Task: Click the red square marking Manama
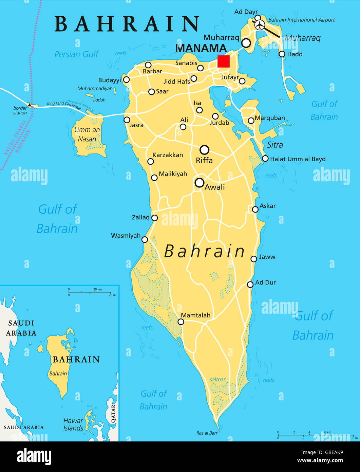223,61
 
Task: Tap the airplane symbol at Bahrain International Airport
260,25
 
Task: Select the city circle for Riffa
204,150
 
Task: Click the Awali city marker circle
200,183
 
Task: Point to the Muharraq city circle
246,43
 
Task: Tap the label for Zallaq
140,217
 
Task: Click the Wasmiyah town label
126,236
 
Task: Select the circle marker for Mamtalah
181,322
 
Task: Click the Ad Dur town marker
250,285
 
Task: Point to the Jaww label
267,257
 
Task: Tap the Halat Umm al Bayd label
298,159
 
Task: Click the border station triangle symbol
30,105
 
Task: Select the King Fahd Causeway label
64,106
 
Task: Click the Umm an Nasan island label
87,134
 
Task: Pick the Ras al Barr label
207,433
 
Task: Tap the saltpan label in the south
218,380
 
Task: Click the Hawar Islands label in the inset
73,424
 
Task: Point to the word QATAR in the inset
113,413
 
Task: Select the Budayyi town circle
126,80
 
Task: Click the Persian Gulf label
76,54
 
